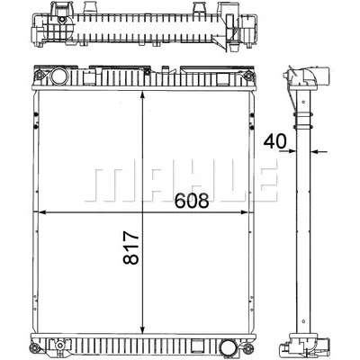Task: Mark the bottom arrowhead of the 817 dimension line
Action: click(x=144, y=330)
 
